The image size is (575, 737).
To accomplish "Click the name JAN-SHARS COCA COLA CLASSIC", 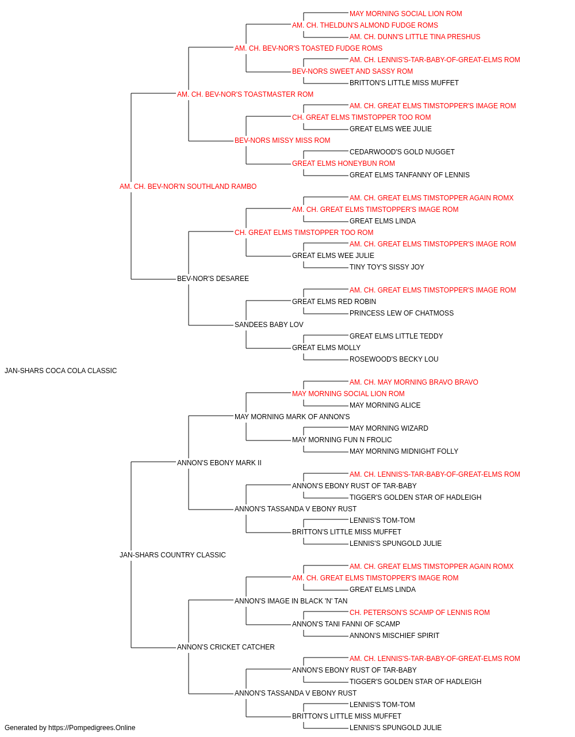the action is pyautogui.click(x=60, y=371).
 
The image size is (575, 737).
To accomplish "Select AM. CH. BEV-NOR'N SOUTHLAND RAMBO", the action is pyautogui.click(x=188, y=187).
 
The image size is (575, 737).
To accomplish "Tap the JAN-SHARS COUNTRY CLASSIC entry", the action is pyautogui.click(x=172, y=555).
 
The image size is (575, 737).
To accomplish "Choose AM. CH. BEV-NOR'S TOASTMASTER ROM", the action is pyautogui.click(x=245, y=94).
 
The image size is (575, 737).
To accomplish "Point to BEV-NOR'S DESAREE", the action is pyautogui.click(x=213, y=279).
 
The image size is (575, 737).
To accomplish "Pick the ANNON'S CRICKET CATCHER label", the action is pyautogui.click(x=226, y=647).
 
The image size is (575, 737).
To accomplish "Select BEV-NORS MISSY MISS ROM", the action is pyautogui.click(x=282, y=140).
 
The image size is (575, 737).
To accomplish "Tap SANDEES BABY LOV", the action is pyautogui.click(x=269, y=325).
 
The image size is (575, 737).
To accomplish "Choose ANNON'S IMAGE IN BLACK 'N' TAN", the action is pyautogui.click(x=291, y=601).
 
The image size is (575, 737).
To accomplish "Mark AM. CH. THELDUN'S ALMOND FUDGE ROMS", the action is pyautogui.click(x=365, y=25).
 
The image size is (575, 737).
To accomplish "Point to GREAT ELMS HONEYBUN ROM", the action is pyautogui.click(x=343, y=164).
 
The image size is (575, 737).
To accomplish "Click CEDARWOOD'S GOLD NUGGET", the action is pyautogui.click(x=402, y=152).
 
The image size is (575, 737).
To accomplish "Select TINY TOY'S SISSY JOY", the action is pyautogui.click(x=387, y=267).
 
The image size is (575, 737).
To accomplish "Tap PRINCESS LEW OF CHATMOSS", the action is pyautogui.click(x=401, y=313).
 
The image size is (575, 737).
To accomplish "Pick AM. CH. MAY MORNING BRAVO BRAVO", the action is pyautogui.click(x=414, y=382).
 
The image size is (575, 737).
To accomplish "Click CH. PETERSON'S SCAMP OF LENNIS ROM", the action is pyautogui.click(x=420, y=613).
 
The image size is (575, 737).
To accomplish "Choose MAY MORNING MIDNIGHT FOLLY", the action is pyautogui.click(x=404, y=451).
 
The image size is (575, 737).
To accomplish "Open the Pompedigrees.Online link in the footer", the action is pyautogui.click(x=92, y=728).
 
